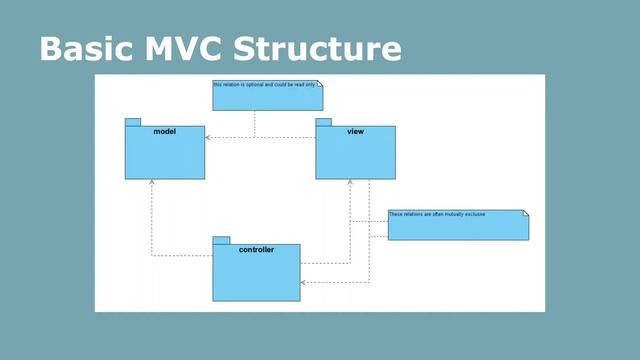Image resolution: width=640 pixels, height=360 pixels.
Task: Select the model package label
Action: (165, 132)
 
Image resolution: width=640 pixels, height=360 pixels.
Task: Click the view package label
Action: (355, 132)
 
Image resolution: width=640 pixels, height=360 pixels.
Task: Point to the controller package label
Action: (256, 249)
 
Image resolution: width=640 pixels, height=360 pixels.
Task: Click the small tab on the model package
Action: (132, 122)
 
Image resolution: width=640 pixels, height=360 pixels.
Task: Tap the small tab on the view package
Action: (323, 122)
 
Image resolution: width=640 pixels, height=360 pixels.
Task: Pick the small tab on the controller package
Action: (221, 240)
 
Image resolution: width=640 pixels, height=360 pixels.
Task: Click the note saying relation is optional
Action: (267, 95)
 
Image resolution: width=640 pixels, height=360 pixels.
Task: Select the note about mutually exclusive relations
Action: (457, 225)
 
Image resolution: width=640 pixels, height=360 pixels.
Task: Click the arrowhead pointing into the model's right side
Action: (209, 137)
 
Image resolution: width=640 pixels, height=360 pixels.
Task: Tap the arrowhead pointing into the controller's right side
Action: (304, 283)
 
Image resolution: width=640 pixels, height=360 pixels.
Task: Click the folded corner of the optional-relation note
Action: (320, 84)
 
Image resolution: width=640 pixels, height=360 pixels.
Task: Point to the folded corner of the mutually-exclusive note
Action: (524, 213)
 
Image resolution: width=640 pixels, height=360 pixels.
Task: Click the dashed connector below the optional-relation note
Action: (255, 124)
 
